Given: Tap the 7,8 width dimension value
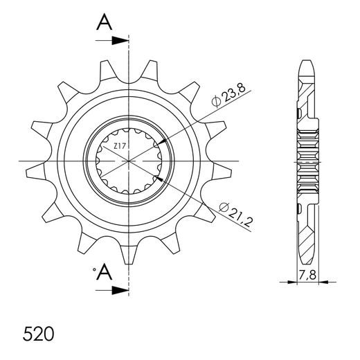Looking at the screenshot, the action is click(307, 275).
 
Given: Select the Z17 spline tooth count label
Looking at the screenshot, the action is click(120, 146).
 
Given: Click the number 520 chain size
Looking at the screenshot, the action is click(38, 334).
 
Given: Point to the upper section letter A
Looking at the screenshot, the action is click(105, 22).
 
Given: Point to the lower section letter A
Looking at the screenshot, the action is click(105, 272).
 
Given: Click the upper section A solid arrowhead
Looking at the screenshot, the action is click(120, 41).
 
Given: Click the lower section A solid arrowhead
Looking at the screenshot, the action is click(120, 290).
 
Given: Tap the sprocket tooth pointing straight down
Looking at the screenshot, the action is click(129, 255).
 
